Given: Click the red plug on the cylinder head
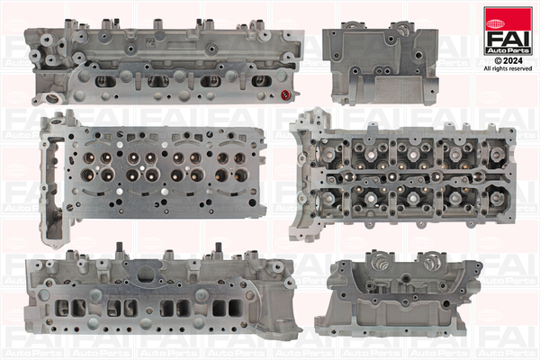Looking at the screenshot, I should [287, 94].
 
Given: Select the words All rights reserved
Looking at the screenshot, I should [508, 67].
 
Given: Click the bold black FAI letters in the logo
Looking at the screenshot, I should [508, 33].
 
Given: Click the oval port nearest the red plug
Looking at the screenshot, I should [262, 81].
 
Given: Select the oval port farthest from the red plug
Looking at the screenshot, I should [106, 81].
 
